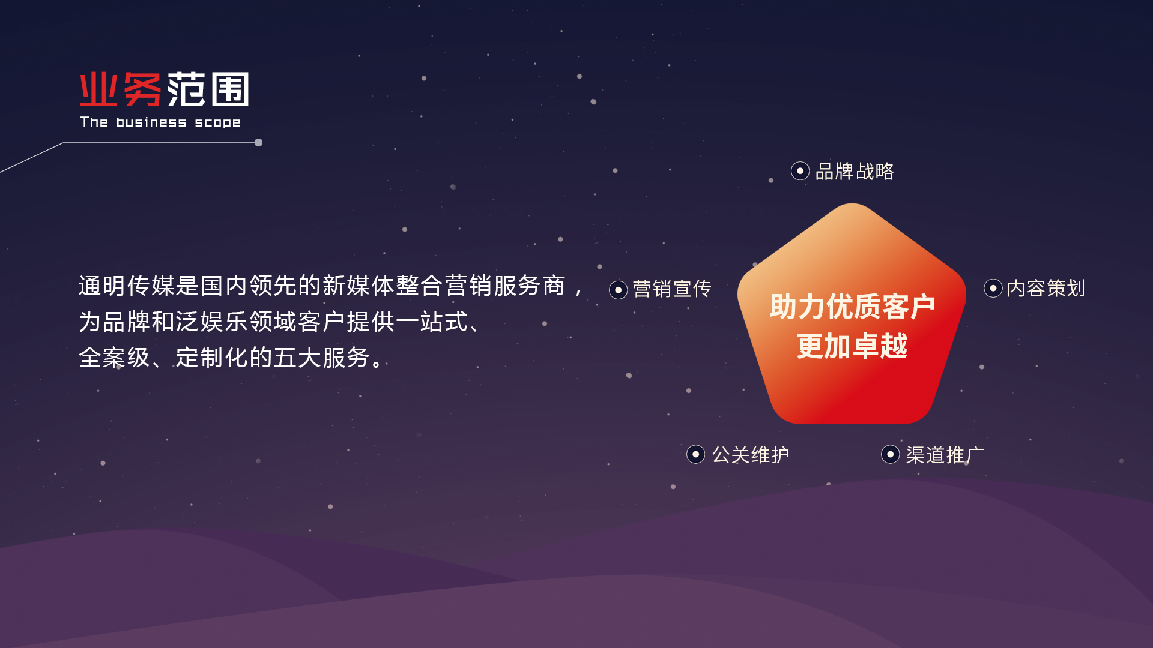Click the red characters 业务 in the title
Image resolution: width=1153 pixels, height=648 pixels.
(x=121, y=89)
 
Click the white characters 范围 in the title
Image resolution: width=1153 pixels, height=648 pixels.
(x=208, y=89)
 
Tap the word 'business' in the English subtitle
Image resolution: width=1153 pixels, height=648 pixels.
(x=151, y=122)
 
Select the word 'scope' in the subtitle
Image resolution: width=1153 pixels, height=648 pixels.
(x=217, y=123)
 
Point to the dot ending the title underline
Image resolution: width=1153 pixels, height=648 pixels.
(x=258, y=143)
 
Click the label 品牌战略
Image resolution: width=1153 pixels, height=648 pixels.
(x=855, y=172)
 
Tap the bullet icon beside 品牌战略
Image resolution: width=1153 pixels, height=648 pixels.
(x=800, y=171)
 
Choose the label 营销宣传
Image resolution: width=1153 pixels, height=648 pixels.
(x=672, y=289)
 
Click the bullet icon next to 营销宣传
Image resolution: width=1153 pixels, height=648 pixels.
(x=618, y=290)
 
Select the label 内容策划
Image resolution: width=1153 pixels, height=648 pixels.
(x=1046, y=289)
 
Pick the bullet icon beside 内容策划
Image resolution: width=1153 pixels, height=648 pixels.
(x=993, y=288)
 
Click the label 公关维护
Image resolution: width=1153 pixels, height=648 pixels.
(x=751, y=455)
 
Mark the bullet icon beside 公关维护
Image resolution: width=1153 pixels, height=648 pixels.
(x=695, y=454)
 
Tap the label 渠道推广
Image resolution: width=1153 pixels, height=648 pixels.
(x=945, y=455)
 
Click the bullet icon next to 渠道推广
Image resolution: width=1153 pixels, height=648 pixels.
(x=890, y=454)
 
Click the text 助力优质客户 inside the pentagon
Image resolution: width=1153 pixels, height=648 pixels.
(x=852, y=307)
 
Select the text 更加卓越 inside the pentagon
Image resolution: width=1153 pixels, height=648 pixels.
(x=852, y=346)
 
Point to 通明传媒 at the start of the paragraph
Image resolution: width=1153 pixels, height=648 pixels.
(x=127, y=286)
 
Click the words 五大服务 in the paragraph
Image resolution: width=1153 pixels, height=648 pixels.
(x=322, y=358)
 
